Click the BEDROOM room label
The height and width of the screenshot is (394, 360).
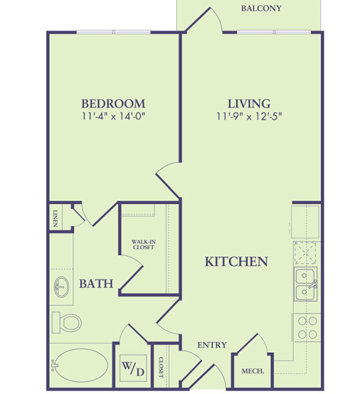[113, 104]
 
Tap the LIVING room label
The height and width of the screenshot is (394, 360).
[249, 104]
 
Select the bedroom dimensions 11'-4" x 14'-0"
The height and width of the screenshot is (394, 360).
[114, 117]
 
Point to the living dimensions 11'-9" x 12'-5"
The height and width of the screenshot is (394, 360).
[249, 117]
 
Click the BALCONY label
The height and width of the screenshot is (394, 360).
[261, 9]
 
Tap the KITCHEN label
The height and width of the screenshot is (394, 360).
[236, 262]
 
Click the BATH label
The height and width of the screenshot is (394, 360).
[96, 284]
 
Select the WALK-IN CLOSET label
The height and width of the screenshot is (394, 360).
[144, 245]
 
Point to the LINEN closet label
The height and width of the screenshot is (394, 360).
[55, 218]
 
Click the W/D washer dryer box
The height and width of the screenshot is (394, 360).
[133, 368]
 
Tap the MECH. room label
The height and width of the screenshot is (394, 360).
[253, 371]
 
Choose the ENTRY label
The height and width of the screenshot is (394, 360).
[212, 345]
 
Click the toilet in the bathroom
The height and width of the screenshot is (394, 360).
[67, 322]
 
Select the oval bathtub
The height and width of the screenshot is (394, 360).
[81, 366]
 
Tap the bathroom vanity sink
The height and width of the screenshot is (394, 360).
[61, 287]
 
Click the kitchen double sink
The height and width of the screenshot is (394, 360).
[305, 284]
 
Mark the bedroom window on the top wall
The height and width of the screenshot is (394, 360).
[113, 32]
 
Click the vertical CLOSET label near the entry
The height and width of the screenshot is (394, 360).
[161, 367]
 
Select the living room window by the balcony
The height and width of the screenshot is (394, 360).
[274, 32]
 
